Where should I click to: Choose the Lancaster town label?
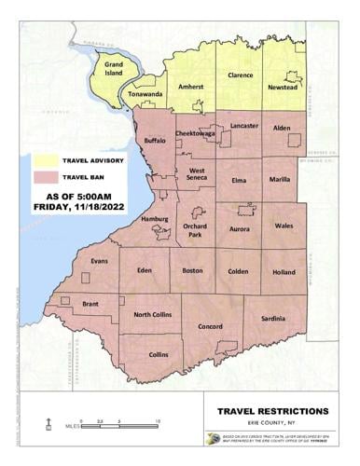coord(243,125)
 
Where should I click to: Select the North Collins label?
coord(154,314)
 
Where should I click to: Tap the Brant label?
coord(90,304)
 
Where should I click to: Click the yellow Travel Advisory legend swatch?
coord(46,159)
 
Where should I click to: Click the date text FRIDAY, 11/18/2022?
coord(77,207)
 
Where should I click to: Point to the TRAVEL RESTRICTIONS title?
coord(271,411)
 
